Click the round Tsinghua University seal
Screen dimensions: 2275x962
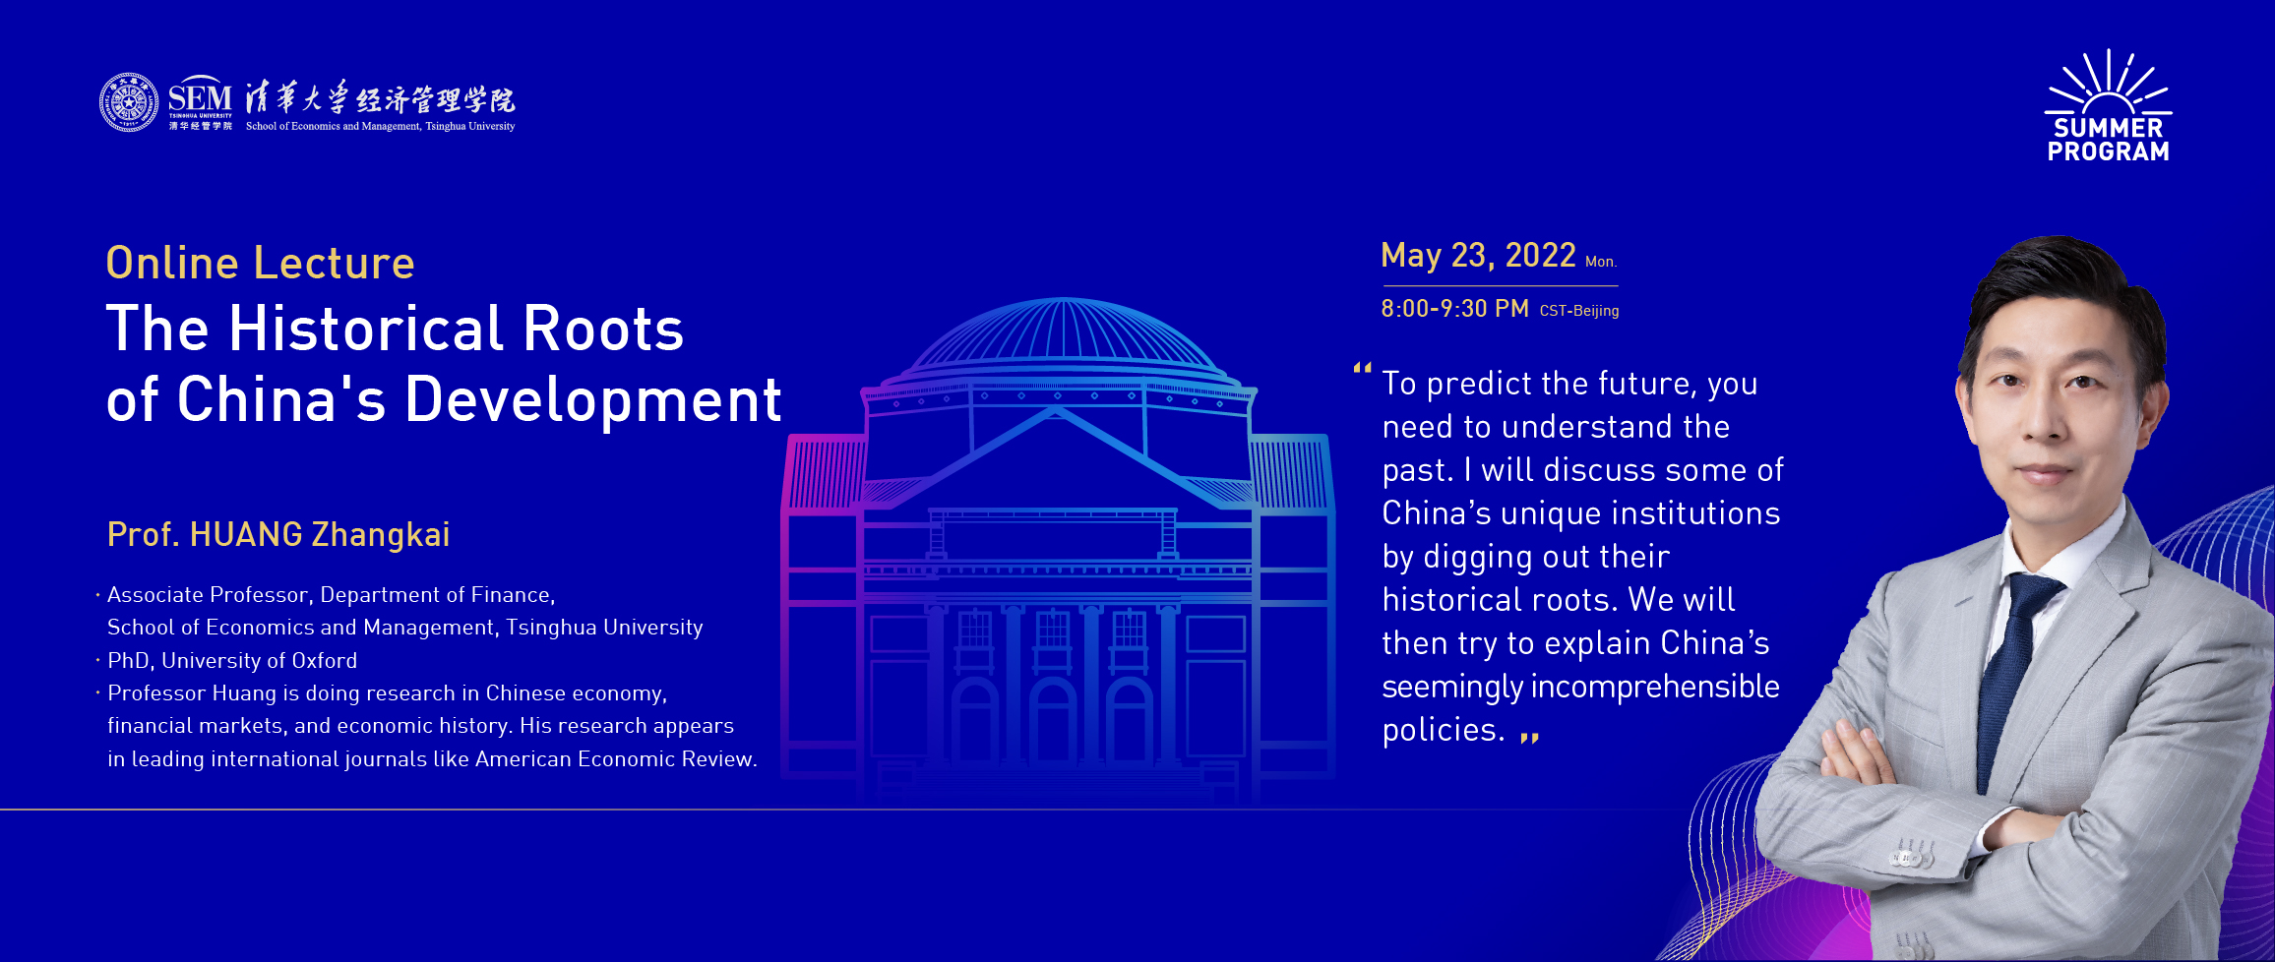click(129, 102)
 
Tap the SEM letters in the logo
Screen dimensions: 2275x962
click(200, 97)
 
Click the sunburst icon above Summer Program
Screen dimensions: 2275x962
click(2109, 83)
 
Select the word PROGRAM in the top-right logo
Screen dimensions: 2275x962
click(2109, 151)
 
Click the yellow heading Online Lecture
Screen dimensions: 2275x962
click(261, 263)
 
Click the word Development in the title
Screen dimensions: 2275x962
click(593, 400)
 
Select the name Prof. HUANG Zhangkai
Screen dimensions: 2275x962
click(278, 534)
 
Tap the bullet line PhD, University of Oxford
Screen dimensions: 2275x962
click(232, 660)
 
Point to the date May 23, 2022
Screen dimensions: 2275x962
click(1478, 256)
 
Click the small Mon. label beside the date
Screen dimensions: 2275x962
click(1601, 262)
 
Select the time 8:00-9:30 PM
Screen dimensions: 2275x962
click(1454, 309)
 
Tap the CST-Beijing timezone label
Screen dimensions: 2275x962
click(1579, 311)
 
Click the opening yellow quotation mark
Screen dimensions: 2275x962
click(1363, 368)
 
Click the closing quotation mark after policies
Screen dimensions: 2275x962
click(1529, 737)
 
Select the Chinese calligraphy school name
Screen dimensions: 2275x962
click(380, 98)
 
